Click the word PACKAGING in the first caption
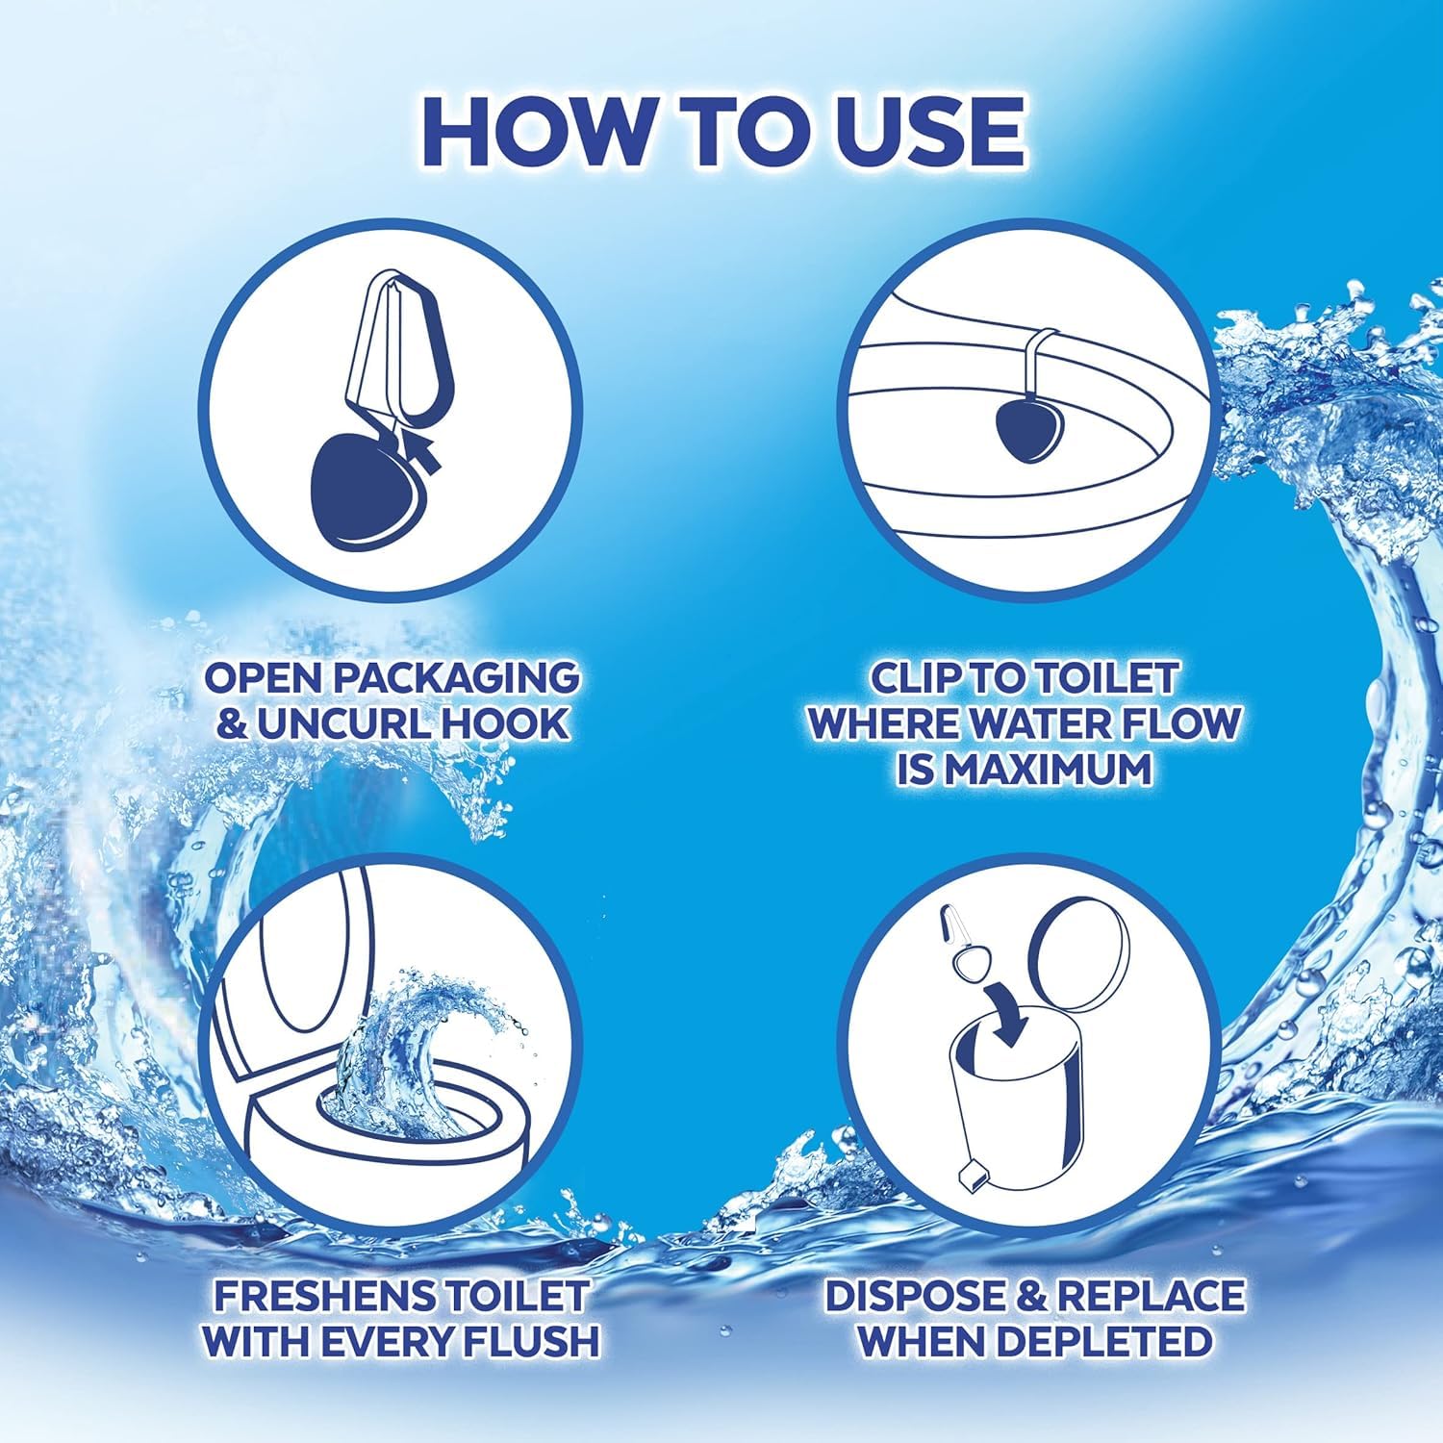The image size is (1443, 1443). click(454, 677)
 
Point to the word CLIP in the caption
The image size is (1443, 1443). click(918, 677)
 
